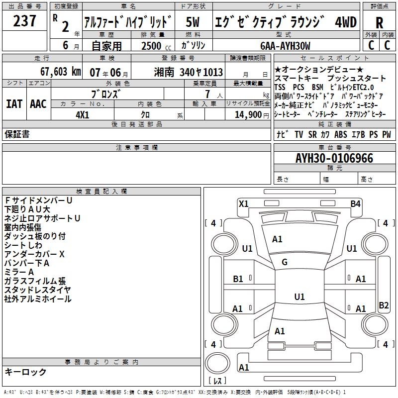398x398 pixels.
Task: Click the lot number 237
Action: coord(24,21)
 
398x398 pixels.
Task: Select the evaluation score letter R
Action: coord(379,22)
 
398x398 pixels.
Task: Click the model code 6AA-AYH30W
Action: coord(285,46)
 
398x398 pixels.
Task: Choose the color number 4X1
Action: coord(82,114)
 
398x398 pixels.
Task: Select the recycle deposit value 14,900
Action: coord(247,114)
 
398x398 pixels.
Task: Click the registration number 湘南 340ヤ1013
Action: coord(189,72)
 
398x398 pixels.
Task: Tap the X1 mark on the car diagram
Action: coord(244,203)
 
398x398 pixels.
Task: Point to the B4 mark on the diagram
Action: coord(355,203)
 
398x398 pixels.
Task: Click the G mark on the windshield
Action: coord(285,262)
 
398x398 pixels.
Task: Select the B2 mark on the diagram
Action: coord(384,305)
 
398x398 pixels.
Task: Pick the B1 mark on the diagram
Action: coord(238,279)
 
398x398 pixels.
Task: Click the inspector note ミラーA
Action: coord(19,272)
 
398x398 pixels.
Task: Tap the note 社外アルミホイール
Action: coord(38,299)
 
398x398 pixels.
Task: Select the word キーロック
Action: coord(25,372)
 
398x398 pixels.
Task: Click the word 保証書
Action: coord(17,134)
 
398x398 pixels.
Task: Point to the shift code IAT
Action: coord(14,103)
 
